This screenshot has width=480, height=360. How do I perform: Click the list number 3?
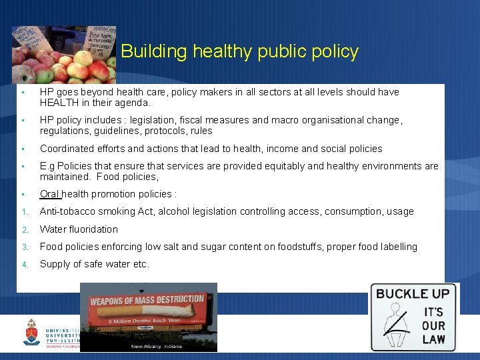coord(23,247)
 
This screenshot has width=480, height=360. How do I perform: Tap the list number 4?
coord(23,265)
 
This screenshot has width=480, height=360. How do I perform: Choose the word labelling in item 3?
coord(399,247)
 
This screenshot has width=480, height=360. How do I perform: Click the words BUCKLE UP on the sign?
coord(413,293)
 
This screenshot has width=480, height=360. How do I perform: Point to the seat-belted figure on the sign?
coord(399,323)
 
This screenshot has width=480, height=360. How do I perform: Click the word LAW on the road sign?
coord(433,339)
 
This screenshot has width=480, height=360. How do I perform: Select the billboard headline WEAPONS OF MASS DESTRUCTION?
coord(147,300)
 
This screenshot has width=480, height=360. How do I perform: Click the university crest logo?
coord(31,331)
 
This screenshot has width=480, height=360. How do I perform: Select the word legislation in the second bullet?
coord(157,120)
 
